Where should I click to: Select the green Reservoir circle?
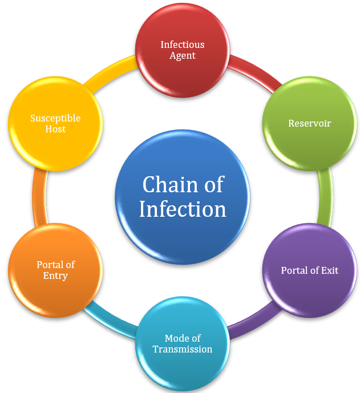[x=309, y=123]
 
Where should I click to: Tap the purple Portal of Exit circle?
[x=309, y=270]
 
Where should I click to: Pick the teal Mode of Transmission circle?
[x=182, y=343]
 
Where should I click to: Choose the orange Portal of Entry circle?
[x=55, y=270]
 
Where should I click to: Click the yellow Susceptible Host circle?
[x=55, y=123]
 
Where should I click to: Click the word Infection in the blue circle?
[x=183, y=209]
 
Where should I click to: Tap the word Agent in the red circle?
[x=183, y=56]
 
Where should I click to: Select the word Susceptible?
[x=55, y=118]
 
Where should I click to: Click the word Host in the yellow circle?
[x=55, y=129]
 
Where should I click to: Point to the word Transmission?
[x=182, y=349]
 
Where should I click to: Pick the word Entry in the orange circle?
[x=55, y=276]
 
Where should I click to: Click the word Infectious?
[x=182, y=44]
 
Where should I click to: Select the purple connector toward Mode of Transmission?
[x=251, y=322]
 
